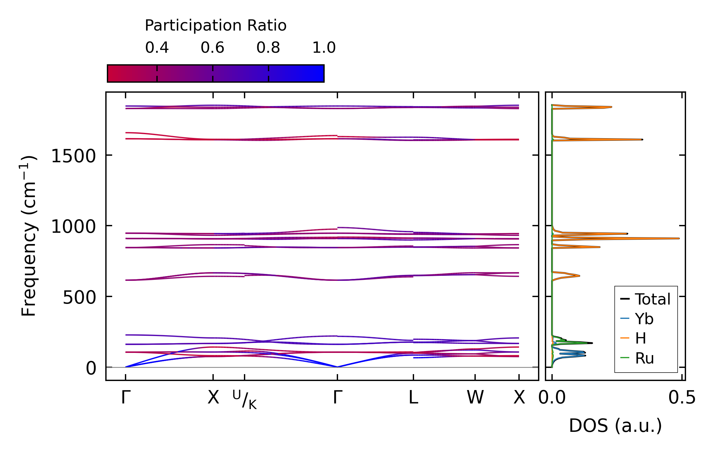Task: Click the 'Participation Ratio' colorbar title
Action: point(216,26)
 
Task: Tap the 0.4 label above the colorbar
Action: point(157,48)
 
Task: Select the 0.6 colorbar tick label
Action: point(212,48)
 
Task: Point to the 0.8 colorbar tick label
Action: point(268,48)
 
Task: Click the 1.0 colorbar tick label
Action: point(324,48)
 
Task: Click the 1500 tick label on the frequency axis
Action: point(74,156)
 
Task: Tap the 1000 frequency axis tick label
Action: point(74,227)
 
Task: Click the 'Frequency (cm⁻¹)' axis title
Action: point(29,236)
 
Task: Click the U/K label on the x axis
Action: point(245,399)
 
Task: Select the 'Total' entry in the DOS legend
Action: point(652,299)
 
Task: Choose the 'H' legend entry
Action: point(641,339)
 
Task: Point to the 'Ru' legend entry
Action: point(644,358)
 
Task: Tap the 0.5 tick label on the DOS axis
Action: point(682,398)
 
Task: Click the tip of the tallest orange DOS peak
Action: point(679,238)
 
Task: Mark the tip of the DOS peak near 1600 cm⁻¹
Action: point(642,139)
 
